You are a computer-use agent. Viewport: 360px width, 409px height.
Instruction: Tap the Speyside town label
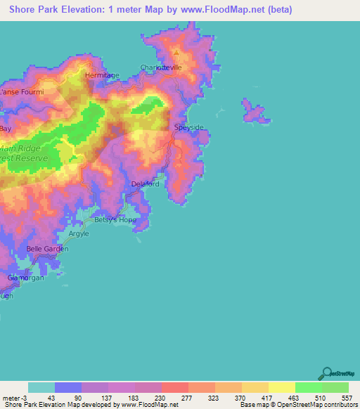(x=188, y=127)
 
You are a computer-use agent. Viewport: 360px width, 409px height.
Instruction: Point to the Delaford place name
(x=146, y=184)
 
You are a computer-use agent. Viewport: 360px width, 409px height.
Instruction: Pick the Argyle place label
(x=79, y=233)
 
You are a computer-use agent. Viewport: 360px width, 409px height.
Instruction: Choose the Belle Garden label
(x=47, y=249)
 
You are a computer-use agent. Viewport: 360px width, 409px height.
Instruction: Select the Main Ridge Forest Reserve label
(x=25, y=153)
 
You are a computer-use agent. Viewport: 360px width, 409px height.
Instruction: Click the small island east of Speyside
(x=255, y=112)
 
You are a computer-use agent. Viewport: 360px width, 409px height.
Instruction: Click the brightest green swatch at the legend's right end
(x=335, y=387)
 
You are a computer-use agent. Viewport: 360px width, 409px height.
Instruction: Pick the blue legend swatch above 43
(x=68, y=387)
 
